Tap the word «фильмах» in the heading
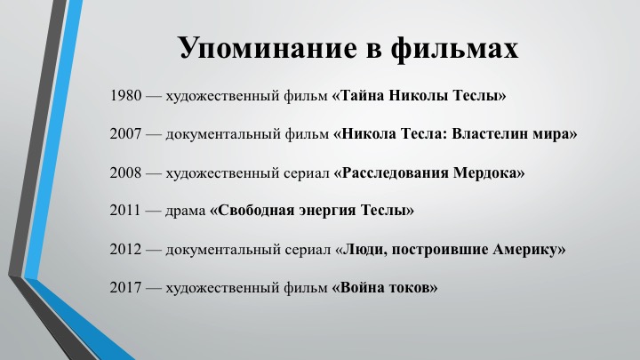(454, 48)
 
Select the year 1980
(125, 95)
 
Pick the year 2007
(125, 134)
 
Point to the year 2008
(125, 172)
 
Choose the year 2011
(125, 210)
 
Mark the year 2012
(125, 249)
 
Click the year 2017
(125, 287)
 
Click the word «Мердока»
(489, 173)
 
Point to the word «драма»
(186, 211)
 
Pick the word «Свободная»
(252, 211)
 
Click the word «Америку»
(529, 250)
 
